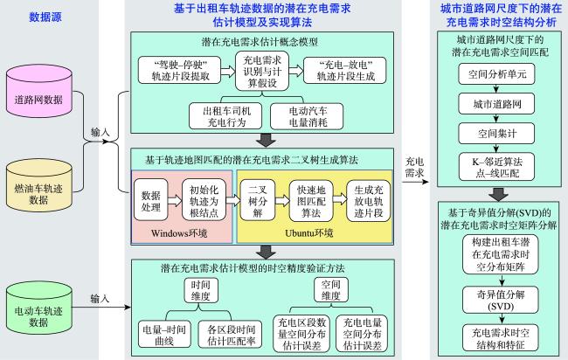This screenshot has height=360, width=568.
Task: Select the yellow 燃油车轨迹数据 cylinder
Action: pyautogui.click(x=38, y=185)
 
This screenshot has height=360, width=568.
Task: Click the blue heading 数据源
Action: pyautogui.click(x=45, y=17)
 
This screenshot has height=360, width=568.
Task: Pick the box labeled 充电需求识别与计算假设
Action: pyautogui.click(x=262, y=71)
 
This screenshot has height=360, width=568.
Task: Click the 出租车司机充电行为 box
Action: pyautogui.click(x=225, y=116)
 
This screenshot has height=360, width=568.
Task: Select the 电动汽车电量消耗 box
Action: pyautogui.click(x=307, y=116)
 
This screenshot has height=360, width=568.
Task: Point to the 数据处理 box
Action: pyautogui.click(x=150, y=199)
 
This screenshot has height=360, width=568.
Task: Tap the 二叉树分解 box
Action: pyautogui.click(x=257, y=200)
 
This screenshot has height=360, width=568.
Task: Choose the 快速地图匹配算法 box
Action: pyautogui.click(x=311, y=201)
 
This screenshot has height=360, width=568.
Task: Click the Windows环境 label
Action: pyautogui.click(x=179, y=233)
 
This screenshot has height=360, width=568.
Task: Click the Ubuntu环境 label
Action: pyautogui.click(x=308, y=233)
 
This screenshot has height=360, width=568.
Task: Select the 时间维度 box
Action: pyautogui.click(x=200, y=290)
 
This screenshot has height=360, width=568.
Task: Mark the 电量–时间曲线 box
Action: pyautogui.click(x=164, y=335)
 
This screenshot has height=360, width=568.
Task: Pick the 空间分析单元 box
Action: pyautogui.click(x=496, y=74)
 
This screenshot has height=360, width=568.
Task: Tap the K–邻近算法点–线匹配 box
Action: pyautogui.click(x=496, y=167)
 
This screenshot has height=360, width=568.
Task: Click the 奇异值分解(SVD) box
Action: pyautogui.click(x=500, y=300)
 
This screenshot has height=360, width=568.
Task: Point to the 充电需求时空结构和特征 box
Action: pyautogui.click(x=500, y=338)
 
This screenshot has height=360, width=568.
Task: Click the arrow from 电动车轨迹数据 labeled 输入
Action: pyautogui.click(x=101, y=308)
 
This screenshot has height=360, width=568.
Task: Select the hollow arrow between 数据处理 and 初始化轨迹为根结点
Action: pyautogui.click(x=175, y=200)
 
